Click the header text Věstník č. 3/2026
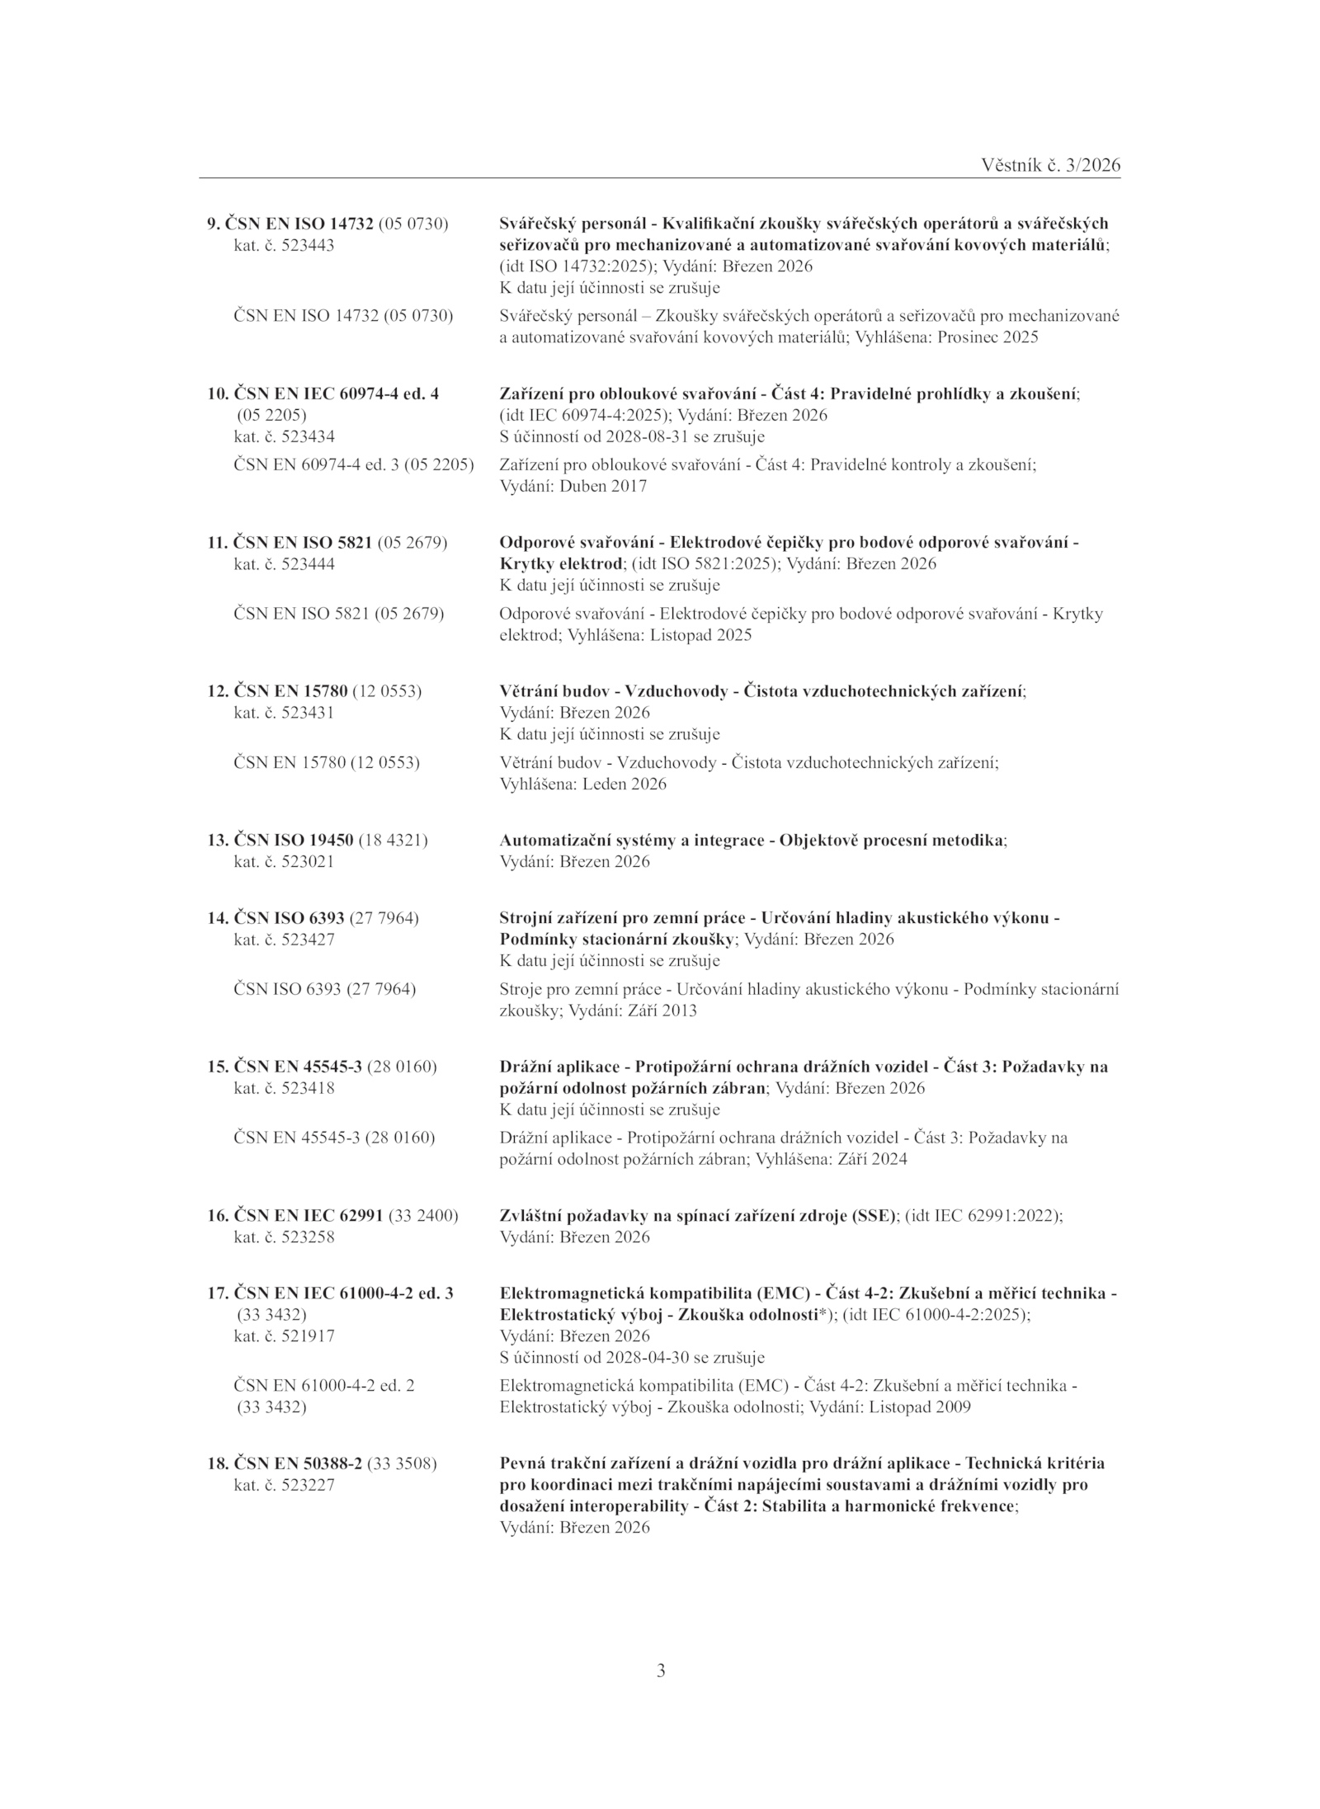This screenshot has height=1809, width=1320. click(x=1050, y=165)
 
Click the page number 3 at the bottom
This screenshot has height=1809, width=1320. click(x=661, y=1671)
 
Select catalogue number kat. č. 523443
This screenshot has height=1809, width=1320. click(x=285, y=245)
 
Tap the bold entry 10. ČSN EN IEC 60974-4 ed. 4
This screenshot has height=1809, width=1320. click(x=323, y=393)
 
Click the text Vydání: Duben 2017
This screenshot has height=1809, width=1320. click(x=574, y=486)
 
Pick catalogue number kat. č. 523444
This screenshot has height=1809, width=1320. click(x=285, y=564)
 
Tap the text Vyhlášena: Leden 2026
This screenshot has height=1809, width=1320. click(x=583, y=784)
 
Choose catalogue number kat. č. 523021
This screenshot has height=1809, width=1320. click(x=285, y=861)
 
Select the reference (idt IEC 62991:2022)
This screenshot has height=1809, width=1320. click(x=983, y=1215)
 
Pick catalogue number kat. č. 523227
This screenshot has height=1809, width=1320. click(x=285, y=1484)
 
